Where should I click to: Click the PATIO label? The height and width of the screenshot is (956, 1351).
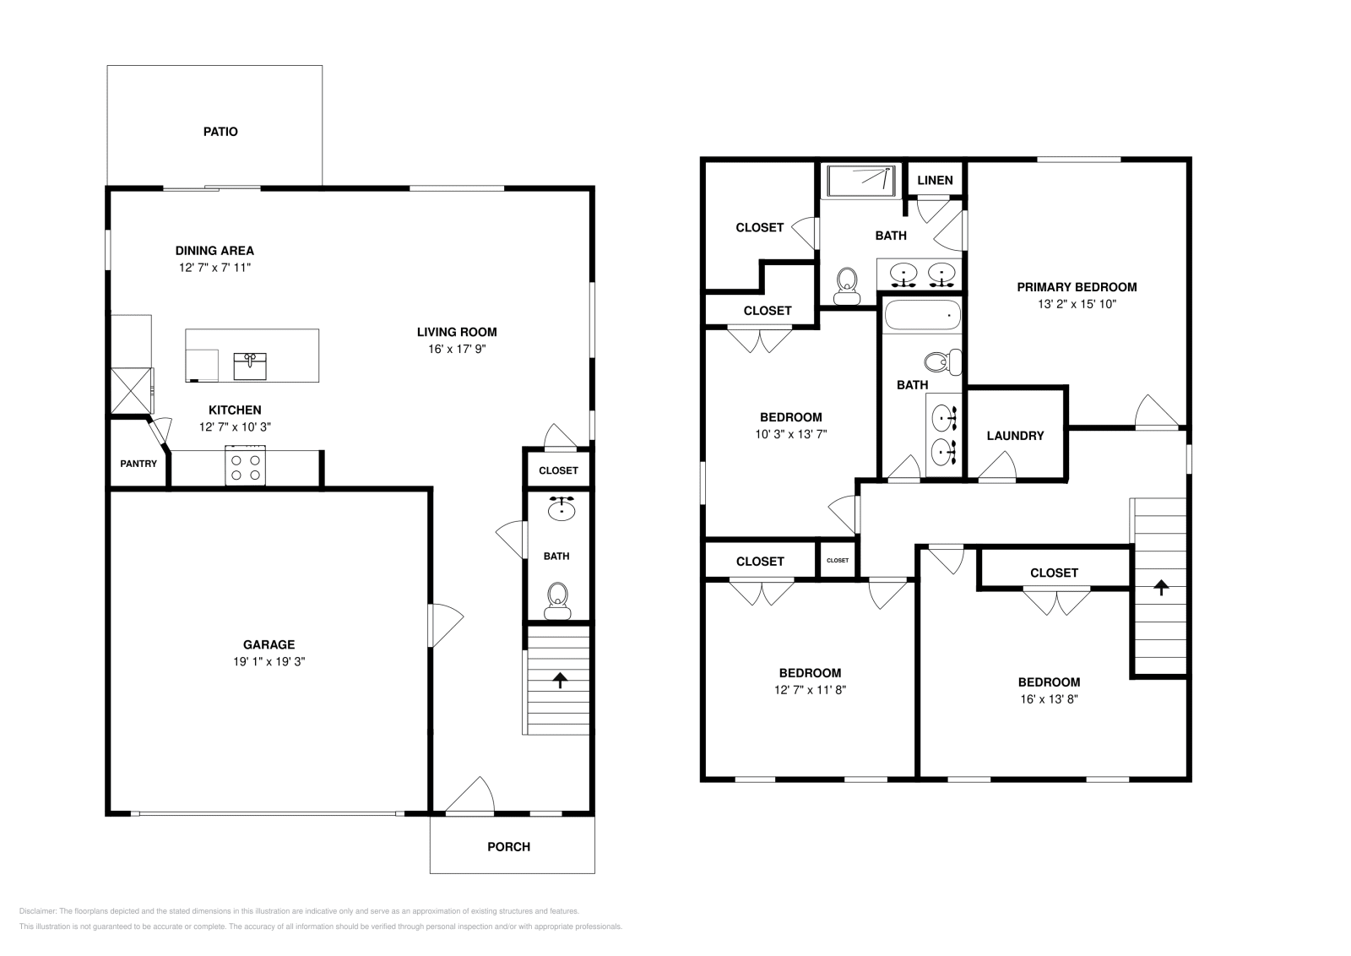pyautogui.click(x=220, y=132)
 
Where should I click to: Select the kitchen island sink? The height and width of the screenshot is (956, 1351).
pyautogui.click(x=250, y=366)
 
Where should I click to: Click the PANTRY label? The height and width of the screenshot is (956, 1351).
pyautogui.click(x=138, y=464)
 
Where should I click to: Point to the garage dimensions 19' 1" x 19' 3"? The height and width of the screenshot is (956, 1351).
pyautogui.click(x=269, y=662)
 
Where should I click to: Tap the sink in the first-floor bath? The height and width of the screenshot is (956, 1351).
pyautogui.click(x=561, y=508)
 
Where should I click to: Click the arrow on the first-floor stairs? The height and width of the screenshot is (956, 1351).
pyautogui.click(x=559, y=681)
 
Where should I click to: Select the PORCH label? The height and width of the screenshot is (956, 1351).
pyautogui.click(x=509, y=847)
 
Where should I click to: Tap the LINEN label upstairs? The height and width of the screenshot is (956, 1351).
pyautogui.click(x=935, y=180)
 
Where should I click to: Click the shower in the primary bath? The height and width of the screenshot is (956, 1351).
pyautogui.click(x=860, y=181)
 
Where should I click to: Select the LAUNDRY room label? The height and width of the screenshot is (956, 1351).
pyautogui.click(x=1015, y=436)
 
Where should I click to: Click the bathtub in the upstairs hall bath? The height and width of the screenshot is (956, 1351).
pyautogui.click(x=922, y=317)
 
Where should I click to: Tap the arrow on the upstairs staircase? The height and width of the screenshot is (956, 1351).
pyautogui.click(x=1161, y=588)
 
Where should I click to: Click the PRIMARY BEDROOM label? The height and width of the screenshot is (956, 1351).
pyautogui.click(x=1077, y=287)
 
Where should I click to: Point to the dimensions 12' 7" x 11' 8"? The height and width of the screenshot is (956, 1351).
pyautogui.click(x=810, y=690)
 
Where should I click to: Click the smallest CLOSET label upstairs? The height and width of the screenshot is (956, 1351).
pyautogui.click(x=838, y=561)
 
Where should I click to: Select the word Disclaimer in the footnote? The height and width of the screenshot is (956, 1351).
pyautogui.click(x=36, y=911)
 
